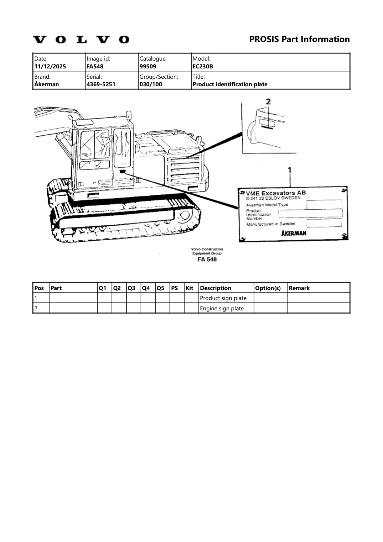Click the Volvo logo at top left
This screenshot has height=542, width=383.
tap(81, 39)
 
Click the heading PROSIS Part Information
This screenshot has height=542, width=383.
tap(299, 39)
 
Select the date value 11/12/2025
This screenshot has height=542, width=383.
tap(50, 66)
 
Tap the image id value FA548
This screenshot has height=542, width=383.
tap(95, 66)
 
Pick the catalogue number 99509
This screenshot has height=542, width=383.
tap(148, 66)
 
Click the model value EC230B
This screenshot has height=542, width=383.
tap(203, 66)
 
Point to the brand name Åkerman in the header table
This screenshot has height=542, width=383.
tap(47, 84)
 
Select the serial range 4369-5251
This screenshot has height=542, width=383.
tap(101, 84)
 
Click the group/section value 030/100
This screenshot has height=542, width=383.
tap(151, 84)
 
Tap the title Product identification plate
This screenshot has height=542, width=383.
tap(230, 84)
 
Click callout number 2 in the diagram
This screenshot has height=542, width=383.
tap(268, 102)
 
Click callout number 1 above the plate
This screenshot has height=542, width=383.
tap(290, 170)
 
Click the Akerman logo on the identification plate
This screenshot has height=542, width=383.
tap(294, 233)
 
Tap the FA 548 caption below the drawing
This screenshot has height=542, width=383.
tap(207, 259)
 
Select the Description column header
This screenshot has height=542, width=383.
tap(216, 288)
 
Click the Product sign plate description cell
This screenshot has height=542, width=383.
tap(223, 298)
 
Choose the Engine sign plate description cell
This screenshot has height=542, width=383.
tap(222, 308)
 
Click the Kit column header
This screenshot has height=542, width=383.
tap(190, 288)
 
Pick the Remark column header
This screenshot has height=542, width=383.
tap(299, 288)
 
